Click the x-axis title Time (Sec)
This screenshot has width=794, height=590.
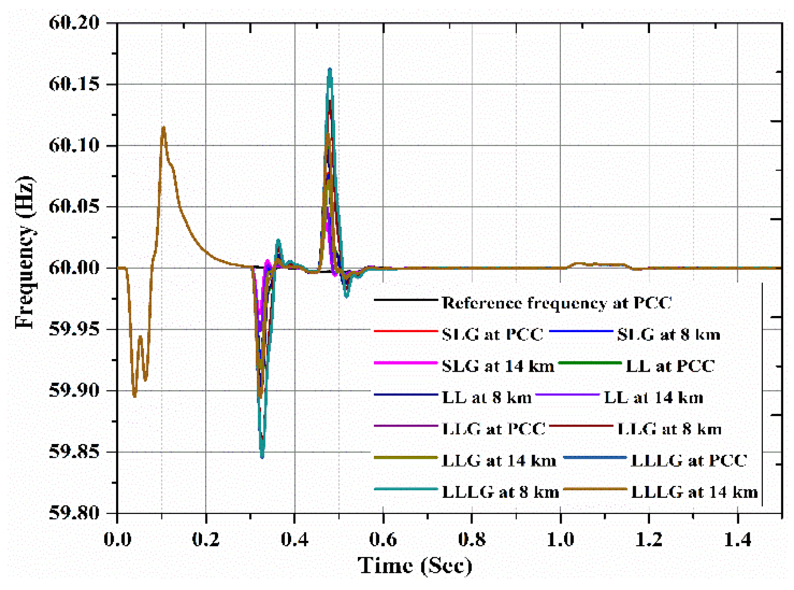point(414,565)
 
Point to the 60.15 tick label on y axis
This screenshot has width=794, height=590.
point(74,84)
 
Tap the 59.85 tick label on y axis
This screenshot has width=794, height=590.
point(74,452)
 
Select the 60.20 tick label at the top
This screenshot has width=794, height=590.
point(74,22)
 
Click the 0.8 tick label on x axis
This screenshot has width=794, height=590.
point(472,539)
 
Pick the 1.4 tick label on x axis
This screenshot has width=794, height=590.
point(737,539)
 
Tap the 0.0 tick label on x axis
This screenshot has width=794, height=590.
point(118,539)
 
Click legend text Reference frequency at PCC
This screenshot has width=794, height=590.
point(556,303)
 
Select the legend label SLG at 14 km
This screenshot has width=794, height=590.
point(498,366)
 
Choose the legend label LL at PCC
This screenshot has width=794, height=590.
point(670,366)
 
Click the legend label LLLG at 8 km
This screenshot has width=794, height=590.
point(500,492)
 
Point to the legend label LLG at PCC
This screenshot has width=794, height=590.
point(493,429)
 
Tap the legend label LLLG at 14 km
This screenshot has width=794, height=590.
point(694,492)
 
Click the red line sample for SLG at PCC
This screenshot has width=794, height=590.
point(405,332)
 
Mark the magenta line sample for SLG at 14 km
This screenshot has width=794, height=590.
point(405,363)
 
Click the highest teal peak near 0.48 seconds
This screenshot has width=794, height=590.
point(330,69)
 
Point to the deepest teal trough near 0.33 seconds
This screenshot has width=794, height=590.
point(262,457)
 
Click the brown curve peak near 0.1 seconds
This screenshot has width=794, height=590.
point(163,127)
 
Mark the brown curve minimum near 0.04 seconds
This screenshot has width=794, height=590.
point(135,396)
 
